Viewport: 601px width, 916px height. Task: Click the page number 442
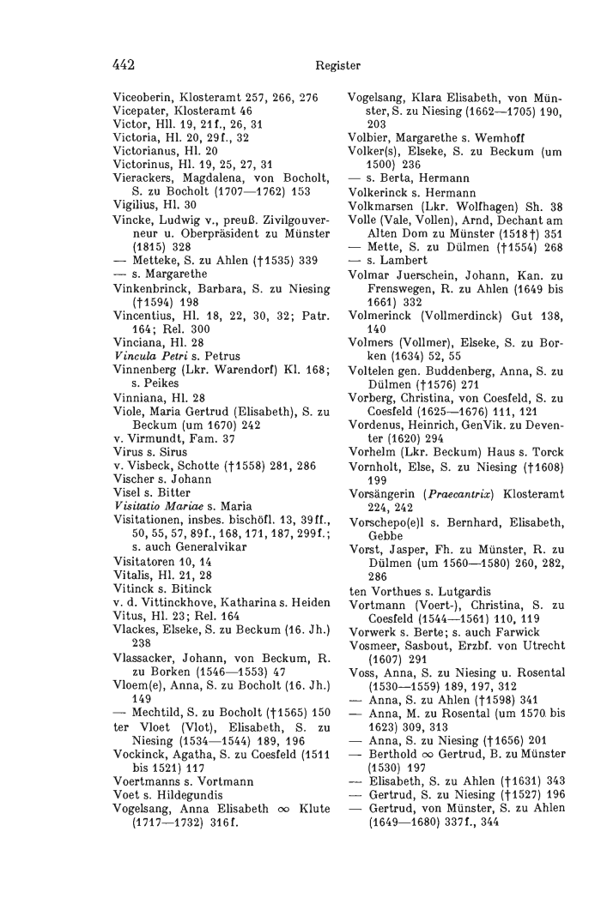pyautogui.click(x=126, y=63)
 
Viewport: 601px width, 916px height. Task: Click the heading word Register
pyautogui.click(x=338, y=63)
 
